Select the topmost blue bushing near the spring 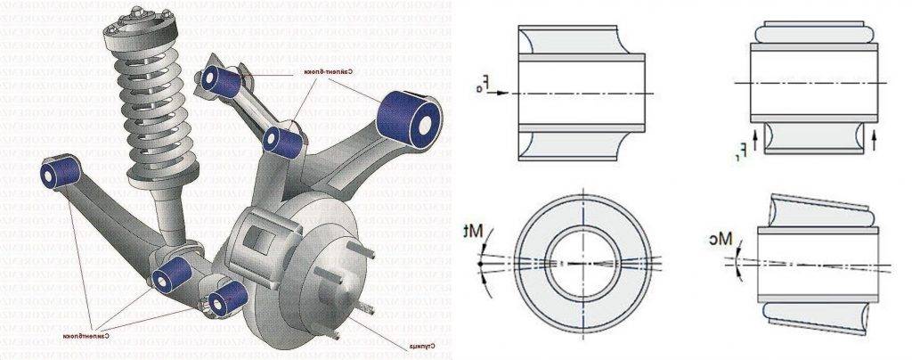(221, 80)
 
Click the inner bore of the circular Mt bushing (580, 264)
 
